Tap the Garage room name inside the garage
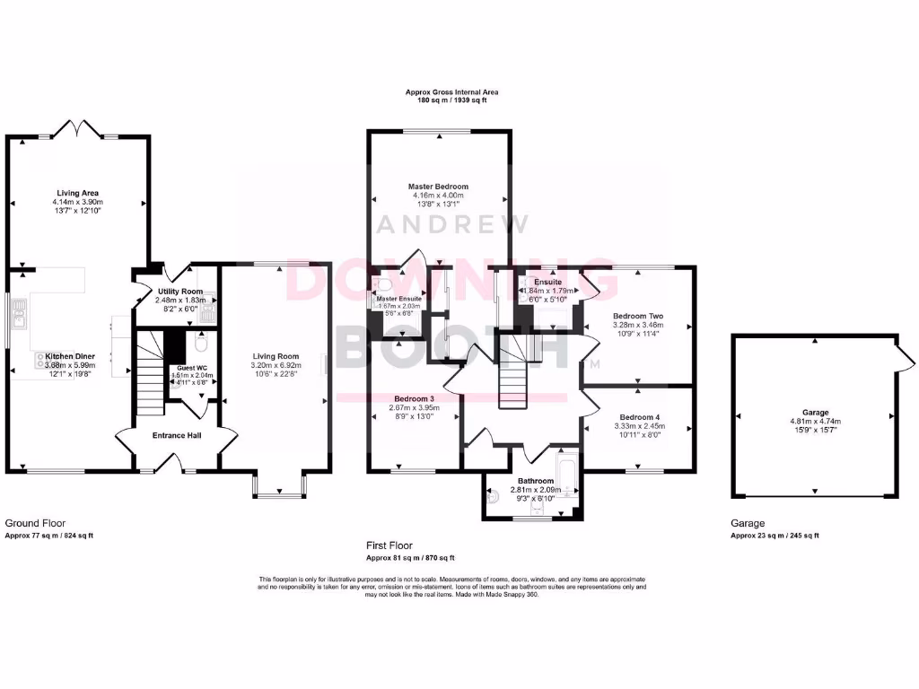pos(816,413)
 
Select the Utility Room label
pos(179,292)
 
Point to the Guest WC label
pos(191,368)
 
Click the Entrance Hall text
pos(176,435)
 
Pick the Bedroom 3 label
pos(413,398)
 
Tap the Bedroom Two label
pos(637,316)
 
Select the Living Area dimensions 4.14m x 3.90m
pos(77,202)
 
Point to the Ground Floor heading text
pos(35,523)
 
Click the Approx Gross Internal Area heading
pos(451,92)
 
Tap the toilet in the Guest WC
pos(200,344)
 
